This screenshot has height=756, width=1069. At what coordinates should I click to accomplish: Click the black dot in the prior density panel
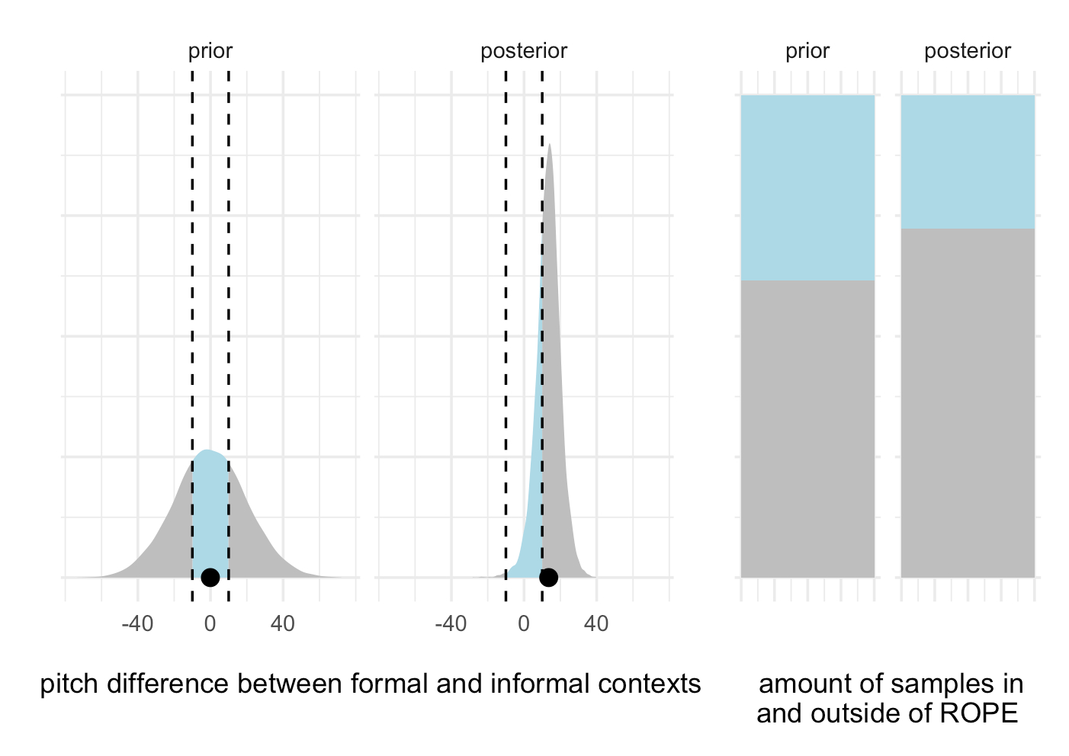(210, 578)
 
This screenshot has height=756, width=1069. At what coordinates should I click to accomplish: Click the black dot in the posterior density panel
(548, 578)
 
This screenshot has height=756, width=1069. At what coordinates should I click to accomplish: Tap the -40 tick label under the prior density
(137, 624)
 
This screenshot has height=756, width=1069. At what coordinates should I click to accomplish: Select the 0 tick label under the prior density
(210, 624)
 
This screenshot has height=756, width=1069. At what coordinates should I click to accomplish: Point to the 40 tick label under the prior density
(283, 624)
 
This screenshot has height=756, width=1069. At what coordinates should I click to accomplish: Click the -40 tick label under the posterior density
(451, 624)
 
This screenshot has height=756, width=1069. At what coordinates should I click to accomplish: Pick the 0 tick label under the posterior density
(523, 624)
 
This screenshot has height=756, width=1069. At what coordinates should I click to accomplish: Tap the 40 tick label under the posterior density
(596, 624)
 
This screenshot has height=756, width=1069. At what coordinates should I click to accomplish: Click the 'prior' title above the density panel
(210, 51)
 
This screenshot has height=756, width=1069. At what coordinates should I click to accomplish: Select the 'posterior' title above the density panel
(524, 51)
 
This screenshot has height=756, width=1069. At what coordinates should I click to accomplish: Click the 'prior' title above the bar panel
(807, 51)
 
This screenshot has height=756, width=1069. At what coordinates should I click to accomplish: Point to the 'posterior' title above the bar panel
(968, 51)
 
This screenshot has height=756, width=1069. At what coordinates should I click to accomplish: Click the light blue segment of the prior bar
(807, 187)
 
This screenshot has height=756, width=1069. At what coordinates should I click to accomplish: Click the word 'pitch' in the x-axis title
(69, 684)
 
